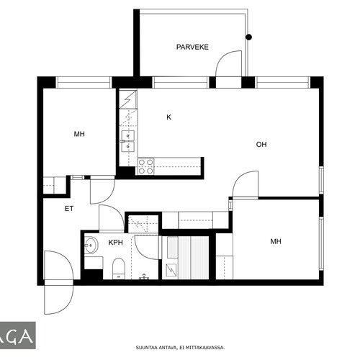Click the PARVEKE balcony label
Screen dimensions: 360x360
click(192, 47)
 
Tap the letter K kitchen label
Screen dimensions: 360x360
click(168, 117)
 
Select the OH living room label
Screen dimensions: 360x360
click(261, 145)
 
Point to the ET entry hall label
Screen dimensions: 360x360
click(69, 209)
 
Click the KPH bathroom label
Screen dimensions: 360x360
click(116, 243)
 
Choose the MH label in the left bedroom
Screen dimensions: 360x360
click(79, 134)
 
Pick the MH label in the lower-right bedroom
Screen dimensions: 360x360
click(276, 241)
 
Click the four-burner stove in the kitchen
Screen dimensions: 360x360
click(146, 166)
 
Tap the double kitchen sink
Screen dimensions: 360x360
click(127, 141)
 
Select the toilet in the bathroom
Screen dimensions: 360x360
click(119, 269)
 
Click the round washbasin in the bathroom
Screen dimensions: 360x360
click(91, 245)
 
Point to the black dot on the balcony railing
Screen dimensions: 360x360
click(249, 37)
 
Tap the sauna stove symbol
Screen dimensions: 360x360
click(171, 271)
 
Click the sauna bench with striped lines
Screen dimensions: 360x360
click(194, 258)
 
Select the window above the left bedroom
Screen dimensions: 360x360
click(84, 82)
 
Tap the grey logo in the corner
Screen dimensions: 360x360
click(18, 336)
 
